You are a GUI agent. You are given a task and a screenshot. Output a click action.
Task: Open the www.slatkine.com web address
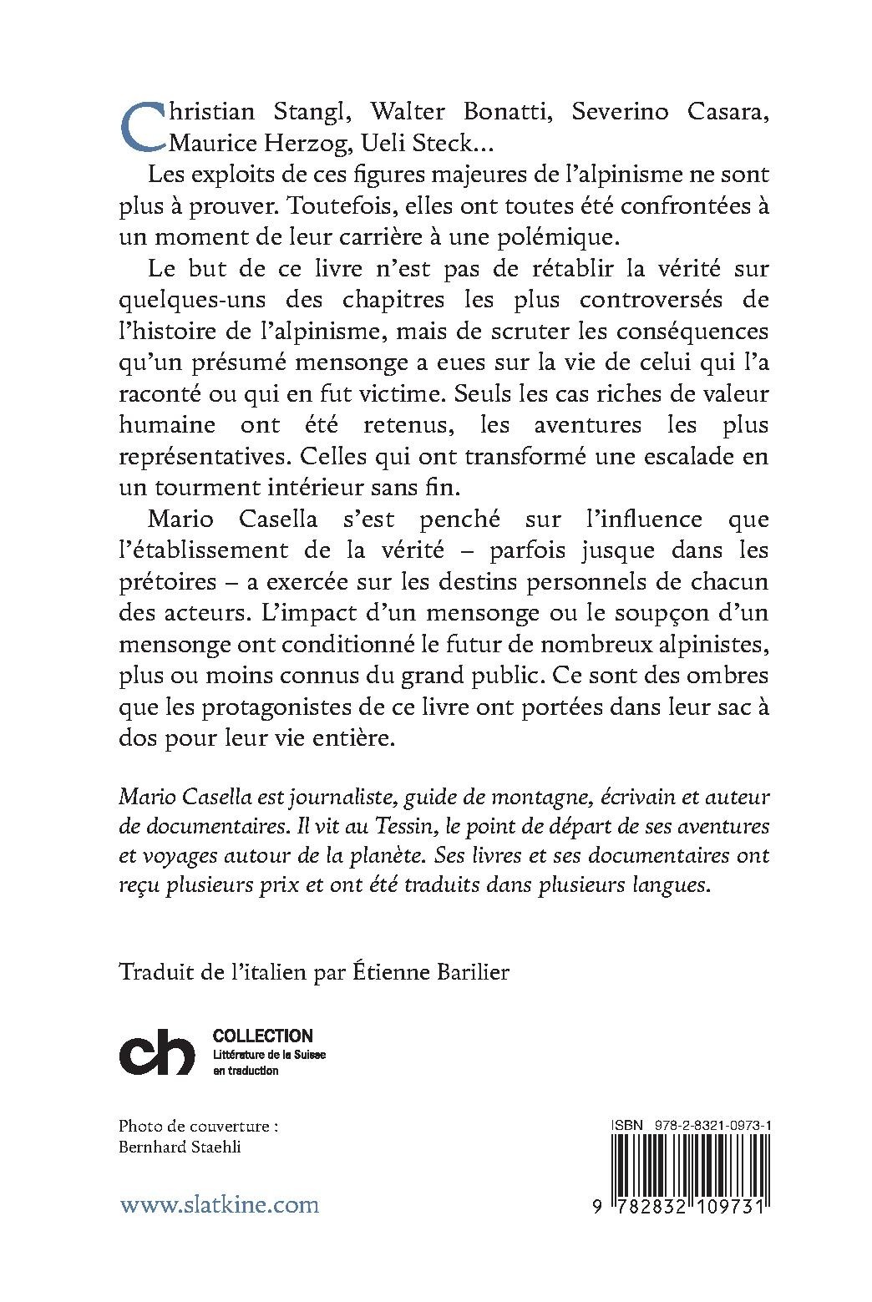[220, 1204]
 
